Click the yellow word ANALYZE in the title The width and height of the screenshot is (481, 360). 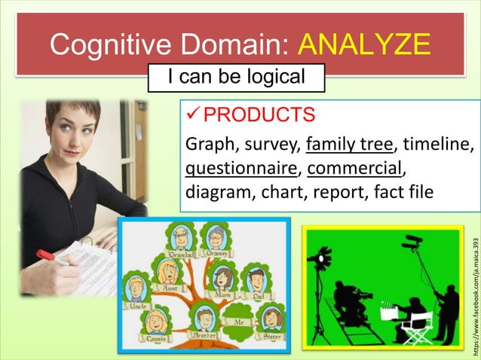[x=364, y=45]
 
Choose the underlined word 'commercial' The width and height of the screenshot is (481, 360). [x=354, y=166]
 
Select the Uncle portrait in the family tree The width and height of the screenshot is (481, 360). [x=136, y=290]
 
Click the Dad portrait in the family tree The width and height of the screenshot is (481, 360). [x=258, y=280]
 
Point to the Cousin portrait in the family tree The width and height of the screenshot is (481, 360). [x=157, y=324]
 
